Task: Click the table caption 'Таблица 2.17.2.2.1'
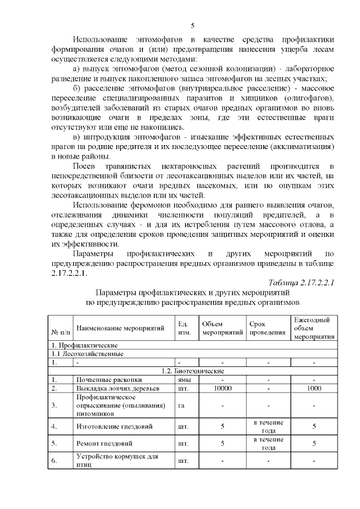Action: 301,282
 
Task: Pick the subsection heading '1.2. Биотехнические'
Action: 192,371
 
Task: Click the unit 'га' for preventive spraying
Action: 181,406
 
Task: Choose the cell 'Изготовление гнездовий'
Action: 114,426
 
